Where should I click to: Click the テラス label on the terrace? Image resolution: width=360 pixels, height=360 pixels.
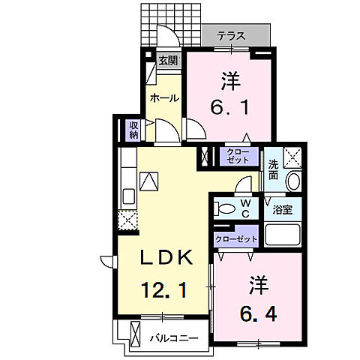(235, 36)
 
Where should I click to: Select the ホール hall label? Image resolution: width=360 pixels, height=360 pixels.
(163, 98)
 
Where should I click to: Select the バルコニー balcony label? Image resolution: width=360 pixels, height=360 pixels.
(173, 337)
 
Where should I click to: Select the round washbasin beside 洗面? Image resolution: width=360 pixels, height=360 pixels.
(293, 181)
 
